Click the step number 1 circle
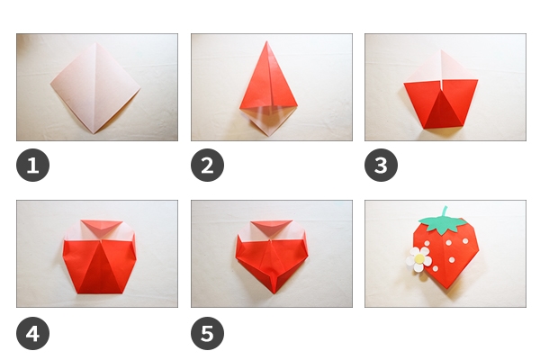tap(32, 165)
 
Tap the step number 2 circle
tap(207, 165)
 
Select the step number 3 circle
tap(381, 165)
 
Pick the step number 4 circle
tap(32, 334)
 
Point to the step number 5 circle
tap(207, 334)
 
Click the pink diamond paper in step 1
tap(95, 88)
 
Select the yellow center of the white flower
tap(419, 258)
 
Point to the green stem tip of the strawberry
tap(445, 207)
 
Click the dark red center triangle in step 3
tap(443, 110)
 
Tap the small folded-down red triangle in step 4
tap(101, 226)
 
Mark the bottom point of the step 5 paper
tap(274, 293)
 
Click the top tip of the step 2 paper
tap(266, 41)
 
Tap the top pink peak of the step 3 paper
tap(442, 50)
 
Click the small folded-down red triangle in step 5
tap(272, 225)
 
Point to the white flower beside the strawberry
tap(418, 259)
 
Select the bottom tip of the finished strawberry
tap(446, 288)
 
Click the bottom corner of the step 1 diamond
tap(94, 133)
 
